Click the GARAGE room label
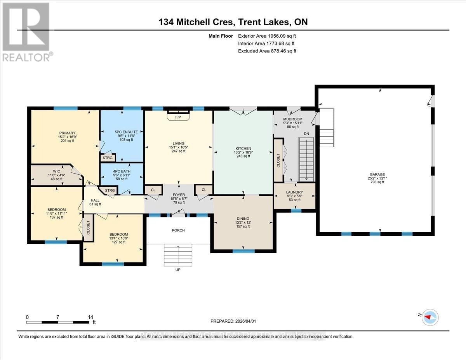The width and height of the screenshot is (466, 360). [x=375, y=174]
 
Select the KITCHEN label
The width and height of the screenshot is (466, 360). [x=243, y=148]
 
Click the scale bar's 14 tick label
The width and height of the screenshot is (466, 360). [x=91, y=317]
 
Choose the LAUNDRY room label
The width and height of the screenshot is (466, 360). [x=294, y=192]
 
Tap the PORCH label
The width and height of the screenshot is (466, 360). [x=179, y=230]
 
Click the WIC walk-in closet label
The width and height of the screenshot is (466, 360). [x=57, y=171]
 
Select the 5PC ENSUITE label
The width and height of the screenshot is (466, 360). [x=126, y=132]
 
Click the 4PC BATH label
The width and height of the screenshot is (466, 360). [x=122, y=171]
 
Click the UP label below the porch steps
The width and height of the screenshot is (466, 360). [x=178, y=270]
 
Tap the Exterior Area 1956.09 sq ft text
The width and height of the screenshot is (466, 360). [x=270, y=36]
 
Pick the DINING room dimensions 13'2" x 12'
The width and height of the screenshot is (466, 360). [x=243, y=223]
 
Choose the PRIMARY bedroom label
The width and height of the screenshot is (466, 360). [x=68, y=133]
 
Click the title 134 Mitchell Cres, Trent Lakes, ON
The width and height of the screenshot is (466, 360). [x=233, y=22]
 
